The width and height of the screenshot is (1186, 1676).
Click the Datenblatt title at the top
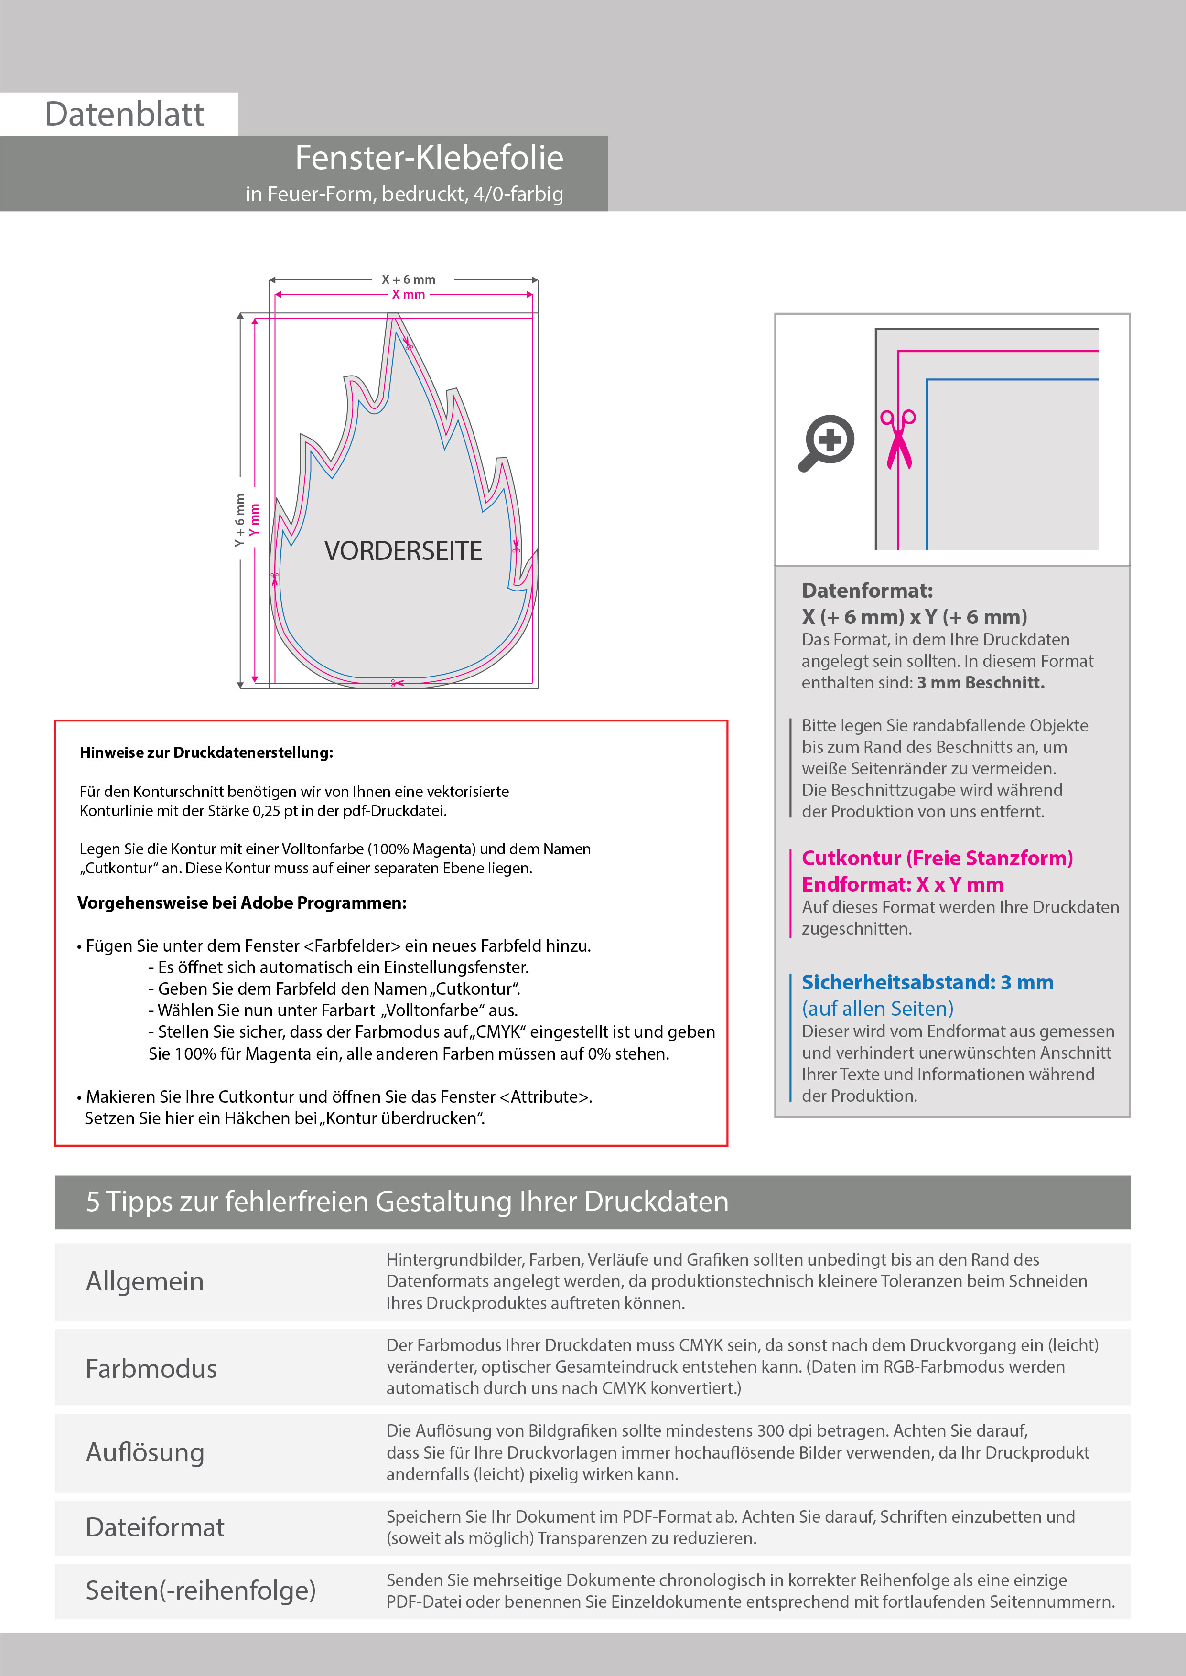124,115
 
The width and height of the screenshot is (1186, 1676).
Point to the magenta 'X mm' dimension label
408,295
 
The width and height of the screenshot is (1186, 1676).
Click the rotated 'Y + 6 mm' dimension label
239,520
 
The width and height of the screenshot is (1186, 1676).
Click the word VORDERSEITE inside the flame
403,551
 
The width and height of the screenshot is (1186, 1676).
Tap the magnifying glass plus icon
828,442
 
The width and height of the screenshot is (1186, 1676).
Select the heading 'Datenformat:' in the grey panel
867,591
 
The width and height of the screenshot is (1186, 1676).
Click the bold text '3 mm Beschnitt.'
981,683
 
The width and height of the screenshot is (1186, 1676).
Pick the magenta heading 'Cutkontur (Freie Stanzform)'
937,859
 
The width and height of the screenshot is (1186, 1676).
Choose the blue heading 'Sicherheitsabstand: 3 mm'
927,983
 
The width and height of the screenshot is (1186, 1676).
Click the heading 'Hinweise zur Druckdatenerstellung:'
206,752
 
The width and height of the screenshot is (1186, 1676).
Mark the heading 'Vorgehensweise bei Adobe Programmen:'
242,903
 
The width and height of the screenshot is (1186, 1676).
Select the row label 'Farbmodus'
151,1369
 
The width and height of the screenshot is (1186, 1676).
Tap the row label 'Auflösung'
145,1452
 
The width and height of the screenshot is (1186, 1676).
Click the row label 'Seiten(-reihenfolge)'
200,1590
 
